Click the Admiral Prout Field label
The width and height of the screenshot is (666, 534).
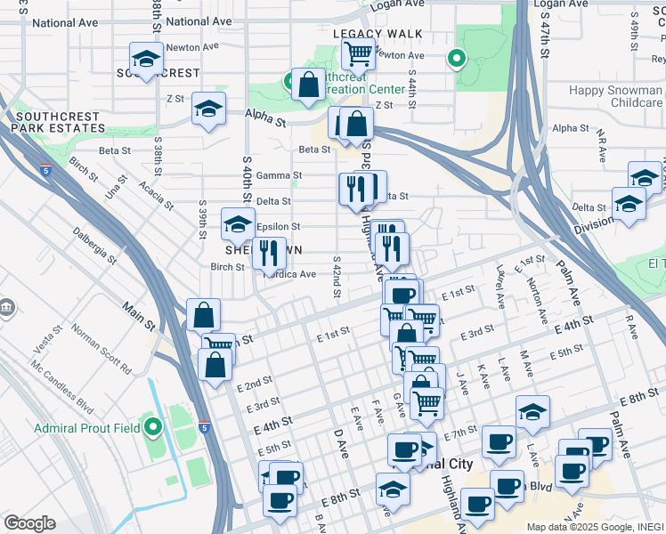click(86, 428)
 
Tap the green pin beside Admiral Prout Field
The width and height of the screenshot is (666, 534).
click(153, 428)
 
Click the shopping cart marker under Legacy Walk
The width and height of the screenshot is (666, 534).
click(358, 53)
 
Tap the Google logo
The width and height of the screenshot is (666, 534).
click(29, 522)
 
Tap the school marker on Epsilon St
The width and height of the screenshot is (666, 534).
click(238, 226)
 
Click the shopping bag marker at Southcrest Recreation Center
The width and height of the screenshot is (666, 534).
click(308, 85)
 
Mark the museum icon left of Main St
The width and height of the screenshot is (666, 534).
click(7, 308)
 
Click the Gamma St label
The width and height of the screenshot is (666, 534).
click(273, 175)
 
